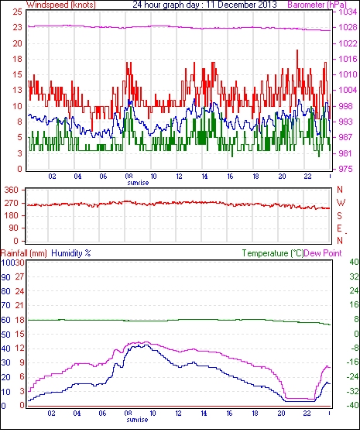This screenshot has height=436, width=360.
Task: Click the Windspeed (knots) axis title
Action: point(61,5)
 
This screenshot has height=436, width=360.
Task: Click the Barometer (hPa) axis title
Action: point(317,5)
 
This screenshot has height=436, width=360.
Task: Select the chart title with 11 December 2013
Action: point(204,5)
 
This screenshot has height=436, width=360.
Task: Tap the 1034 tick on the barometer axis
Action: point(348,12)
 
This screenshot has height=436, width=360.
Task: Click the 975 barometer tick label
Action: point(345,169)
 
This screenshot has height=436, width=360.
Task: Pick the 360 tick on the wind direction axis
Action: point(12,191)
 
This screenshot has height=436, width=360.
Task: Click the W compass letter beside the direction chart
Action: point(341,203)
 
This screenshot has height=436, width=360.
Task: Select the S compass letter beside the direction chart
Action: point(339,215)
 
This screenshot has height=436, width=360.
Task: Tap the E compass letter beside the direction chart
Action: point(339,228)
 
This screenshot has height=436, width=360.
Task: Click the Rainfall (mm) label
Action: point(24,253)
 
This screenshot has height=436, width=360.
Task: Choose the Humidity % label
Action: point(71,253)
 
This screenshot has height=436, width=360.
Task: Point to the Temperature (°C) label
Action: point(273,253)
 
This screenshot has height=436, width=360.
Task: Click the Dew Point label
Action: point(323,253)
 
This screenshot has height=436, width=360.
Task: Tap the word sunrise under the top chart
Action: point(138,183)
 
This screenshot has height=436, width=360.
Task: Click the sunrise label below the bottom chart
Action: point(137,420)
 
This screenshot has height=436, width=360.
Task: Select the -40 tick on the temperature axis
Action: point(352,406)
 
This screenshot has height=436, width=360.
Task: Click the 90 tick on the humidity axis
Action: point(5,277)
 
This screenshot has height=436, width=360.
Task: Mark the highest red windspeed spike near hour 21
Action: point(297,50)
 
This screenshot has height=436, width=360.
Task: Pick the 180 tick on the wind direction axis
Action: point(12,215)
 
